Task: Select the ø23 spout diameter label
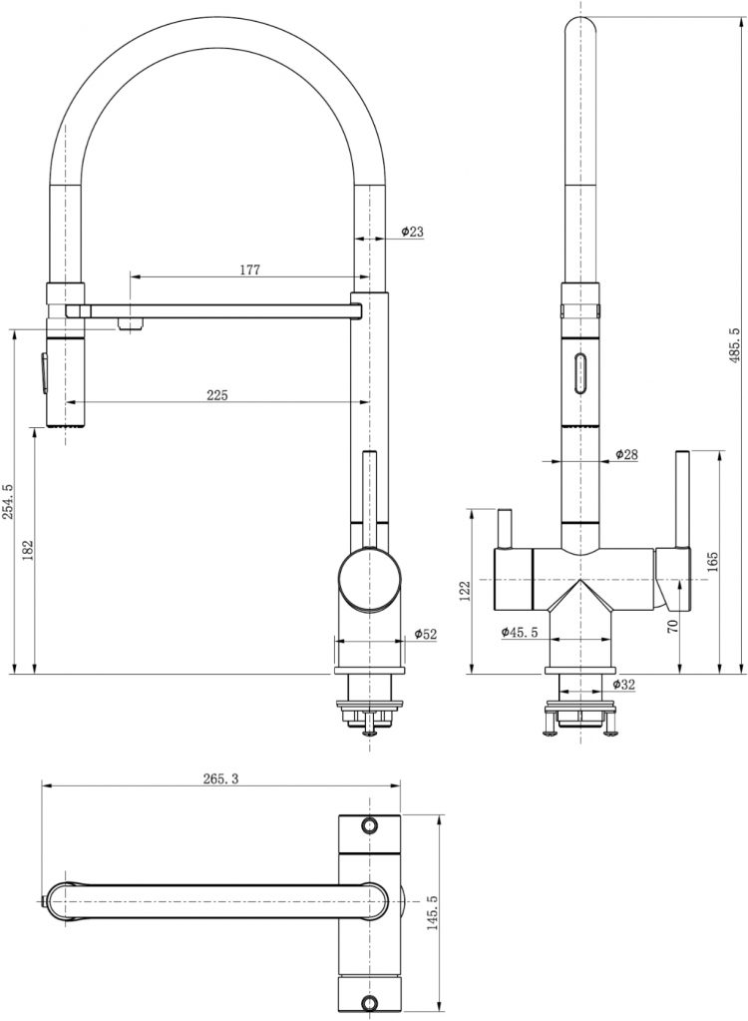(412, 232)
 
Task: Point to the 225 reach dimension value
(217, 394)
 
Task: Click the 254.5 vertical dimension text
(8, 501)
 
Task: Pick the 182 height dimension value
(28, 550)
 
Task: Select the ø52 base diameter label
(426, 634)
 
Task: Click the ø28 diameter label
(625, 454)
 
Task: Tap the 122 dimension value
(465, 591)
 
